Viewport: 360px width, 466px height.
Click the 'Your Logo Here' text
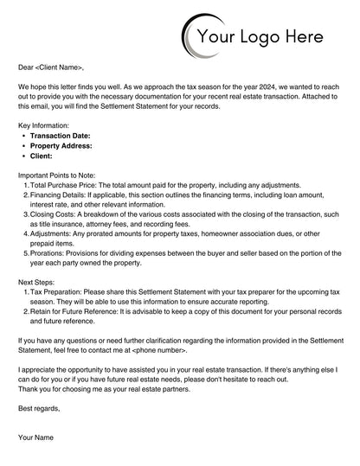260,36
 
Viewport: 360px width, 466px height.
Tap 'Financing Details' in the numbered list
60,195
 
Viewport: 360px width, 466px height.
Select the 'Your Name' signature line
37,437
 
